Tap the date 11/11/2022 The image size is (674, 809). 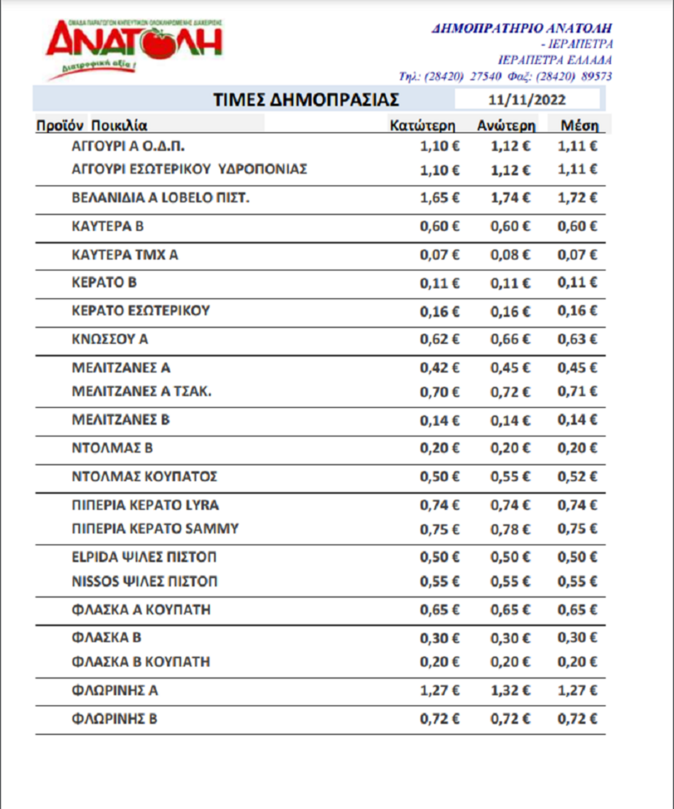coord(526,100)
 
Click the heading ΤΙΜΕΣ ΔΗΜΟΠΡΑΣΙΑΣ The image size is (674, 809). coord(306,100)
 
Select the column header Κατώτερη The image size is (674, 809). coord(422,125)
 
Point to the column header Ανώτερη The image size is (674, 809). coord(506,125)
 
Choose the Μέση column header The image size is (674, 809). coord(579,125)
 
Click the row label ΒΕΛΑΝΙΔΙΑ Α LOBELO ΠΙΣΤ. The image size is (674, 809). coord(160,198)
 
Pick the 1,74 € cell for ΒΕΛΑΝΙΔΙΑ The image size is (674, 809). coord(510,198)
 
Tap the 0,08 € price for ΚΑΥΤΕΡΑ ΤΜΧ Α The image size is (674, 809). coord(510,255)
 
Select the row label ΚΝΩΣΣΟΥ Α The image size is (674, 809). coord(110,339)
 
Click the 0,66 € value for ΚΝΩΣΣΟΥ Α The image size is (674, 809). coord(510,339)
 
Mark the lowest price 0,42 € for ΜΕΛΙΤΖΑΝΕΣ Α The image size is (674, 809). coord(439,368)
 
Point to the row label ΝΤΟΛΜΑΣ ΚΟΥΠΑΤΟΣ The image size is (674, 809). coord(144,476)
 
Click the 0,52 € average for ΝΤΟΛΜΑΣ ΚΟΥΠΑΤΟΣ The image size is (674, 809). coord(577,476)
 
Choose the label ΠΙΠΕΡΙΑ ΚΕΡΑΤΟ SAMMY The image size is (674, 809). coord(155,529)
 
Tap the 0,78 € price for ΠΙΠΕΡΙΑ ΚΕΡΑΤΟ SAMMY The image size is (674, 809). coord(510,529)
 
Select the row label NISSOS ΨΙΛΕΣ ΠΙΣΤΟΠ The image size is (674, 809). coord(144,581)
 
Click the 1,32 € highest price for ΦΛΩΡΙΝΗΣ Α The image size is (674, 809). coord(510,690)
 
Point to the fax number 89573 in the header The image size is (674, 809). coord(596,76)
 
